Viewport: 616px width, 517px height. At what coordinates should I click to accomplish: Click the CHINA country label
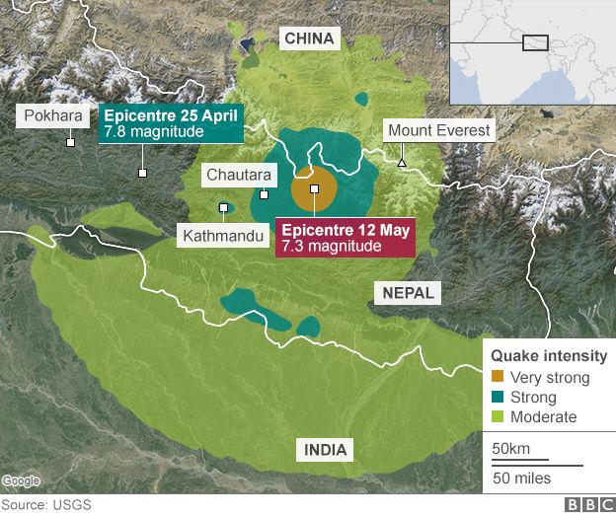311,38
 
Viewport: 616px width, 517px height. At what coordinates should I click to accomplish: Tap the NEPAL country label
405,293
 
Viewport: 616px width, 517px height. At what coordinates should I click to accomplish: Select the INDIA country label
326,450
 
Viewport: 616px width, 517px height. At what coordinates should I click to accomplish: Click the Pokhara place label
53,115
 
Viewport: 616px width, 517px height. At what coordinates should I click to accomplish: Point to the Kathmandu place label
224,236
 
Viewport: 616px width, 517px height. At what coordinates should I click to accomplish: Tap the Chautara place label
234,175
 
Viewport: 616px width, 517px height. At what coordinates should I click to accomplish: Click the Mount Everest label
438,130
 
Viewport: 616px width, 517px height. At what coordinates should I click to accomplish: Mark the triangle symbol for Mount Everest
402,162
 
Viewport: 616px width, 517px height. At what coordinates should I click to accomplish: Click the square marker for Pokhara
70,142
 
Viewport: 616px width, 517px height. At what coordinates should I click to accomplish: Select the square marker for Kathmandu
224,207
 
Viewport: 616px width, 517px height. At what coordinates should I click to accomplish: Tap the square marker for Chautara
264,194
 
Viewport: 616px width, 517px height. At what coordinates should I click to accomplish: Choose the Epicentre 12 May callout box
345,238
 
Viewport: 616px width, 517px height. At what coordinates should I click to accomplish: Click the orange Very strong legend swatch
498,378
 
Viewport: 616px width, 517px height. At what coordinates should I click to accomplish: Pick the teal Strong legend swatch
498,398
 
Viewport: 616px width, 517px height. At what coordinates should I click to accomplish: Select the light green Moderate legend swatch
498,417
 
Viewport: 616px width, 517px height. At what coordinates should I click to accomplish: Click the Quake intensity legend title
548,356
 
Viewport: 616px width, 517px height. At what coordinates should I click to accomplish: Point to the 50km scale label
510,450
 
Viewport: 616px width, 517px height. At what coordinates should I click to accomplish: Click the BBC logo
587,505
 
